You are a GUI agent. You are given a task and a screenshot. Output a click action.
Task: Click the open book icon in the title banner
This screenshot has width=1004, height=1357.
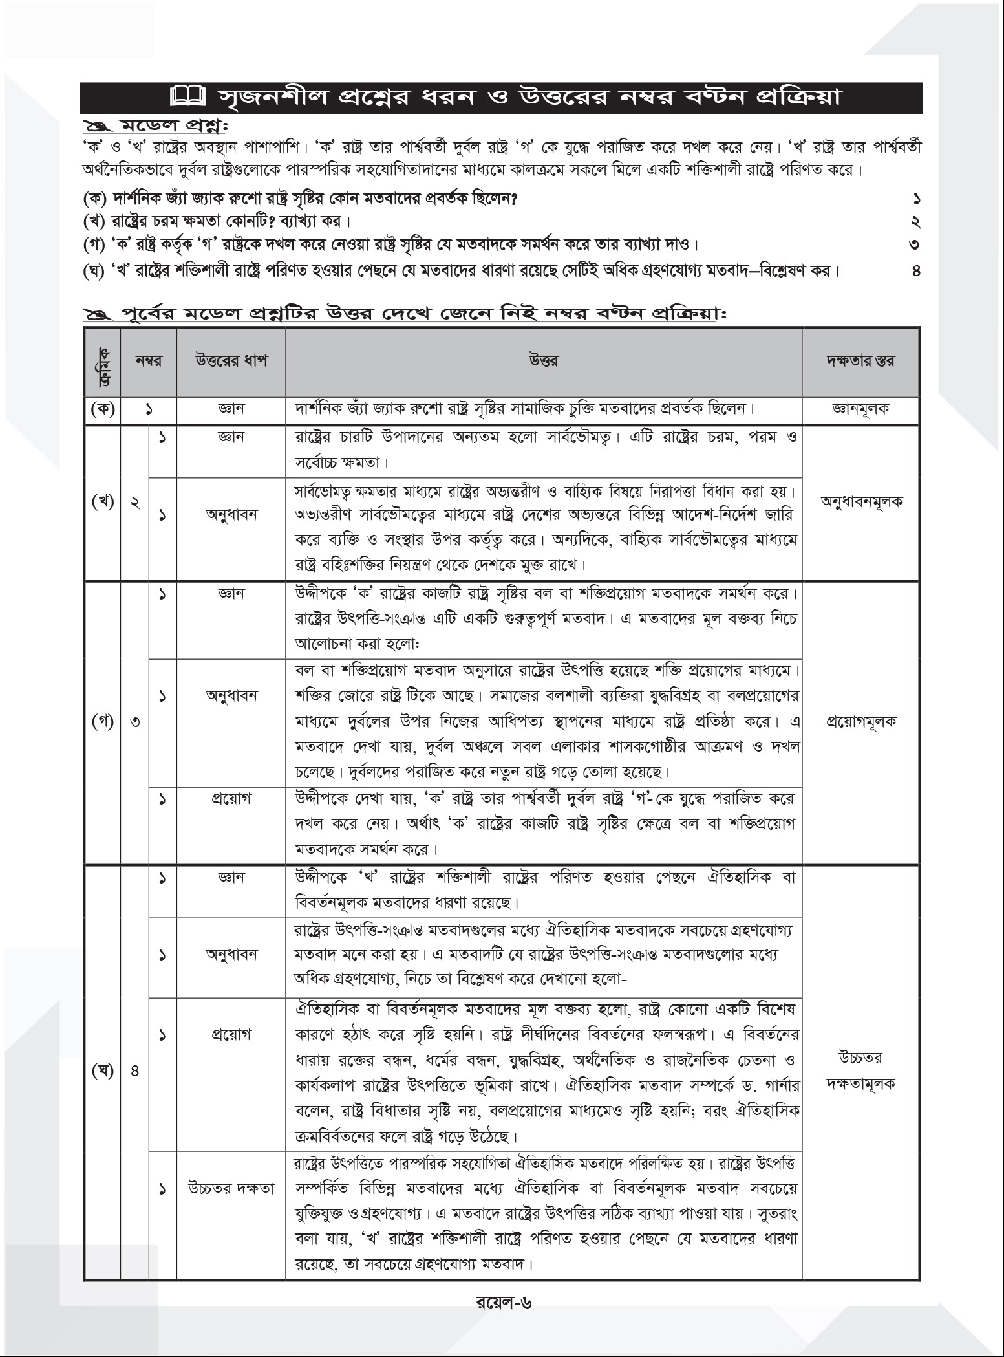187,98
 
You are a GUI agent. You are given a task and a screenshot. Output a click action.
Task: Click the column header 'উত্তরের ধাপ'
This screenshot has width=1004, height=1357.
231,361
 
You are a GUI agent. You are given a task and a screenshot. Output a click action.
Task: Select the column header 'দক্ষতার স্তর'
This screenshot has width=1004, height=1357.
861,361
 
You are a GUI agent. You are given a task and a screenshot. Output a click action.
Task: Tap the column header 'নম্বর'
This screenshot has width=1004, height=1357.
148,361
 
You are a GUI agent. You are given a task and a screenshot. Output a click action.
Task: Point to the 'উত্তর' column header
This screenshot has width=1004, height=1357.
543,361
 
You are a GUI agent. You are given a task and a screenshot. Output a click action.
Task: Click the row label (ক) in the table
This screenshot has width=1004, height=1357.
102,409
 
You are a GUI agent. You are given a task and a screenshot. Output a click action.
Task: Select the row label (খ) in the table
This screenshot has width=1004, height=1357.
102,502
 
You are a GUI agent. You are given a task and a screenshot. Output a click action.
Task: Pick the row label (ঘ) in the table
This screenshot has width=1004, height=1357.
102,1071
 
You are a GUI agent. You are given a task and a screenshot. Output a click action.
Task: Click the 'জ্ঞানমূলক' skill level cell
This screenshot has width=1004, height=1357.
861,409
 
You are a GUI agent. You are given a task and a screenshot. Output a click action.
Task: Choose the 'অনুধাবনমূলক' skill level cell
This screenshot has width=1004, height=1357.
861,501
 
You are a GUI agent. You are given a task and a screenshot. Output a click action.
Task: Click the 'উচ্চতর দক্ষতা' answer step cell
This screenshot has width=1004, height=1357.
231,1188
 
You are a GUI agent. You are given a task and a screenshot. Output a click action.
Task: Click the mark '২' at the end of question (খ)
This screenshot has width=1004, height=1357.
916,222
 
